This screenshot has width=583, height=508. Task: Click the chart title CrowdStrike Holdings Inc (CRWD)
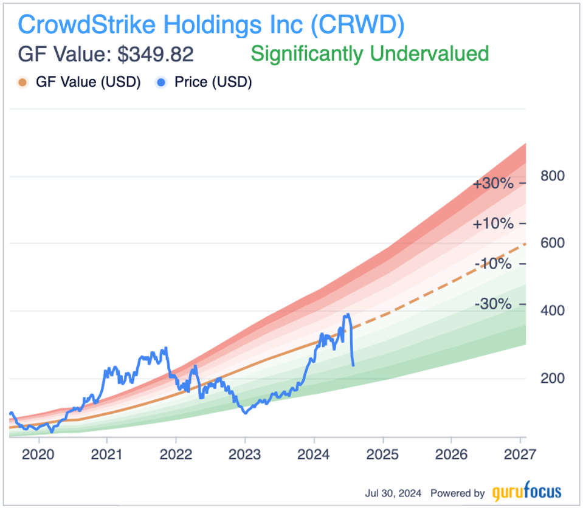coord(211,25)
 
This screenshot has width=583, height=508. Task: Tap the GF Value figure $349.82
coord(156,54)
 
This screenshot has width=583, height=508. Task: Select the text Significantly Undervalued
coord(370,54)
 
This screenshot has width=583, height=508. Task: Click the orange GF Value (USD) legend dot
coord(22,82)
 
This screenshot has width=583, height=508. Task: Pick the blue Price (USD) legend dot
coord(161,82)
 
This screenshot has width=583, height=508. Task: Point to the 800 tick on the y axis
coord(553,176)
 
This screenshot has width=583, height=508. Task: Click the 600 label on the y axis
coord(553,243)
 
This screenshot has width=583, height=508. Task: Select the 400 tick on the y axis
coord(553,311)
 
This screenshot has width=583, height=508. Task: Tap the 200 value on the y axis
coord(553,378)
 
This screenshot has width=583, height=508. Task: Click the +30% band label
coord(493,184)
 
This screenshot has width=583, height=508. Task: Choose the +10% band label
coord(493,224)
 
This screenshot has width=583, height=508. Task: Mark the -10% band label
coord(493,264)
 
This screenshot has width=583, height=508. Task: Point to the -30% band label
coord(493,304)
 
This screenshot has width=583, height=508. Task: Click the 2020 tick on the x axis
coord(38,455)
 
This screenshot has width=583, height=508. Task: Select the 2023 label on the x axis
coord(245,455)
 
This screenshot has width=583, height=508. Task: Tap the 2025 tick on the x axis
coord(383,455)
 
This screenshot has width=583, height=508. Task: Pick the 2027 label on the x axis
coord(520,455)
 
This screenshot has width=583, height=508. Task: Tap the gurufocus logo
coord(526,492)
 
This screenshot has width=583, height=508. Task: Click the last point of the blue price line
coord(354,365)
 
